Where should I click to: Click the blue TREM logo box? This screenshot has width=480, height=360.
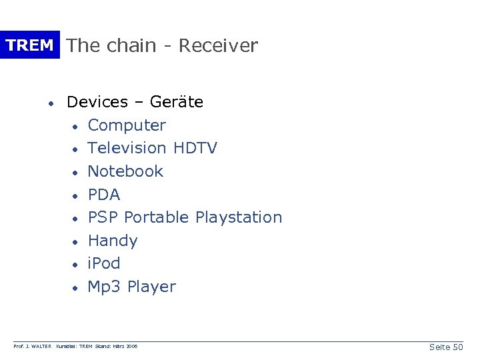pyautogui.click(x=29, y=45)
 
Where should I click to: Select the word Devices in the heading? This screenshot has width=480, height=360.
pyautogui.click(x=97, y=102)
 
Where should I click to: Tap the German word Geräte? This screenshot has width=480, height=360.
pyautogui.click(x=177, y=102)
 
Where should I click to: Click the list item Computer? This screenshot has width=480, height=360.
pyautogui.click(x=127, y=125)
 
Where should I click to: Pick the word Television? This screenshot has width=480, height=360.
pyautogui.click(x=127, y=148)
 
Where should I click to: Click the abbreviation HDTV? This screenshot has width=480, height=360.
pyautogui.click(x=195, y=148)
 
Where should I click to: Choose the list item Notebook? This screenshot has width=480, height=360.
pyautogui.click(x=125, y=171)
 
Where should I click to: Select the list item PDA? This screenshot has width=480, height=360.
pyautogui.click(x=104, y=195)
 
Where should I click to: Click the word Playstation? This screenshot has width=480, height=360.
pyautogui.click(x=239, y=217)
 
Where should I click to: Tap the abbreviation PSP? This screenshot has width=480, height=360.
pyautogui.click(x=103, y=217)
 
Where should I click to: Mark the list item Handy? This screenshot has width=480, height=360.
pyautogui.click(x=113, y=241)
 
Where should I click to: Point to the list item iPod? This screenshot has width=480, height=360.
pyautogui.click(x=104, y=263)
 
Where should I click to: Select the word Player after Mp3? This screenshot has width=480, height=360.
pyautogui.click(x=151, y=287)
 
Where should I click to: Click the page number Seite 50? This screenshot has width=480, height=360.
pyautogui.click(x=446, y=347)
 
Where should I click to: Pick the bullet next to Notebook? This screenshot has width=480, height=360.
pyautogui.click(x=77, y=173)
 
